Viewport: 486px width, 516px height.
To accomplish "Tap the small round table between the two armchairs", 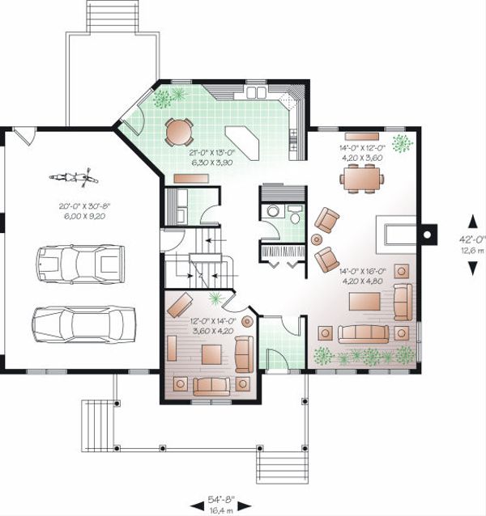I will click(x=317, y=239).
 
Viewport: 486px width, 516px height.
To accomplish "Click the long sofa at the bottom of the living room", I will click(x=364, y=332).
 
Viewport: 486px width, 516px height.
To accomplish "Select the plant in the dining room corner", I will click(x=401, y=144).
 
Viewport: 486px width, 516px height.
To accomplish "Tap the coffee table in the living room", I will click(x=363, y=302).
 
